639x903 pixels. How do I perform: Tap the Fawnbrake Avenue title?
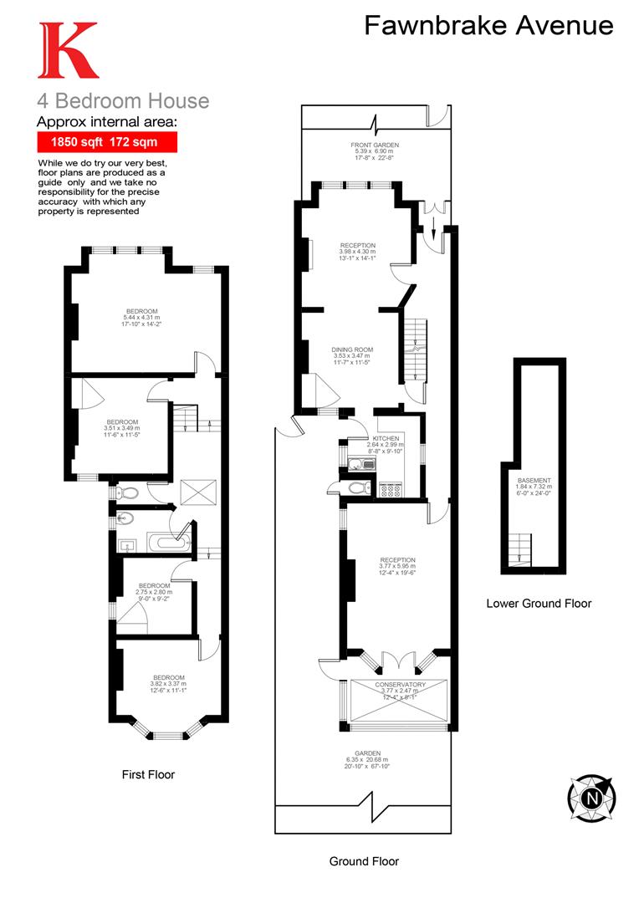(488, 26)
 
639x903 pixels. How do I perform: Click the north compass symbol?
(592, 797)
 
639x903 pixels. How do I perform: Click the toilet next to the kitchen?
(355, 487)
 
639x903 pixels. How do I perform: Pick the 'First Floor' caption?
(148, 774)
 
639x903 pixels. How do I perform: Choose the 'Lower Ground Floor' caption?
(539, 603)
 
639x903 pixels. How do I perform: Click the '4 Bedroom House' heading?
(123, 101)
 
